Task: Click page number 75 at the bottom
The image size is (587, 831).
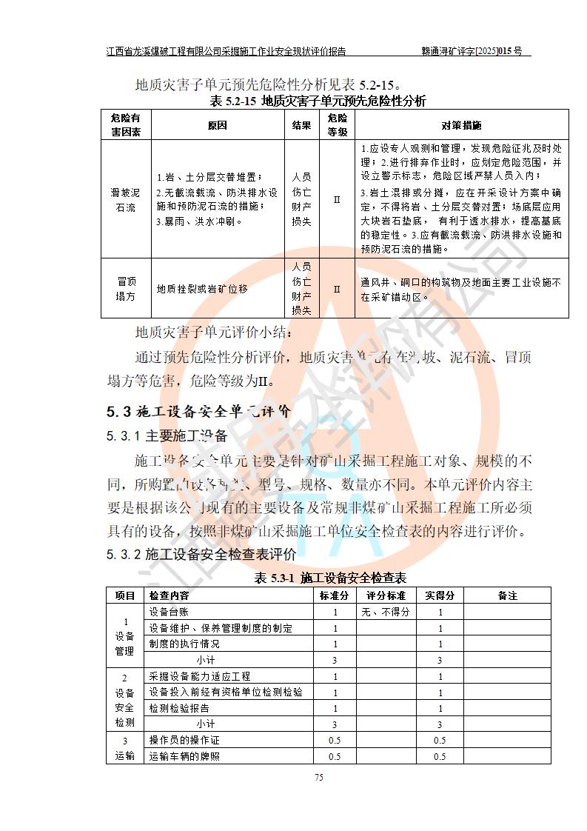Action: pyautogui.click(x=319, y=777)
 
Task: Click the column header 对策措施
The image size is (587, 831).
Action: pyautogui.click(x=461, y=125)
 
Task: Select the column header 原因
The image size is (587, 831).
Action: pyautogui.click(x=217, y=125)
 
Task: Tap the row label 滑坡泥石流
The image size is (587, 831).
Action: pyautogui.click(x=126, y=199)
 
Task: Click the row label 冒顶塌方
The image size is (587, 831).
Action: pyautogui.click(x=126, y=289)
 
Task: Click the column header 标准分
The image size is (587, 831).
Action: pyautogui.click(x=335, y=595)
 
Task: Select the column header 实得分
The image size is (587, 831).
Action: pyautogui.click(x=440, y=595)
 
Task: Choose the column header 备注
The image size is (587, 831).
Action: pyautogui.click(x=507, y=595)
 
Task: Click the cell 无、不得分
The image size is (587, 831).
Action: pyautogui.click(x=386, y=613)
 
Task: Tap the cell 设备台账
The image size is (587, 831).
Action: pyautogui.click(x=169, y=613)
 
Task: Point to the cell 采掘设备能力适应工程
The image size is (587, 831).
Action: pyautogui.click(x=200, y=676)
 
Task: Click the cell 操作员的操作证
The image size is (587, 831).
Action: pyautogui.click(x=184, y=740)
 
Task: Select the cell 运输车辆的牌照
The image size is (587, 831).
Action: pyautogui.click(x=184, y=756)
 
